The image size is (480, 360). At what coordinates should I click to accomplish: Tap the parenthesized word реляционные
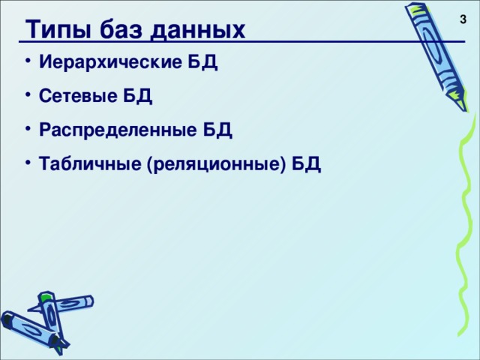coord(218,165)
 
